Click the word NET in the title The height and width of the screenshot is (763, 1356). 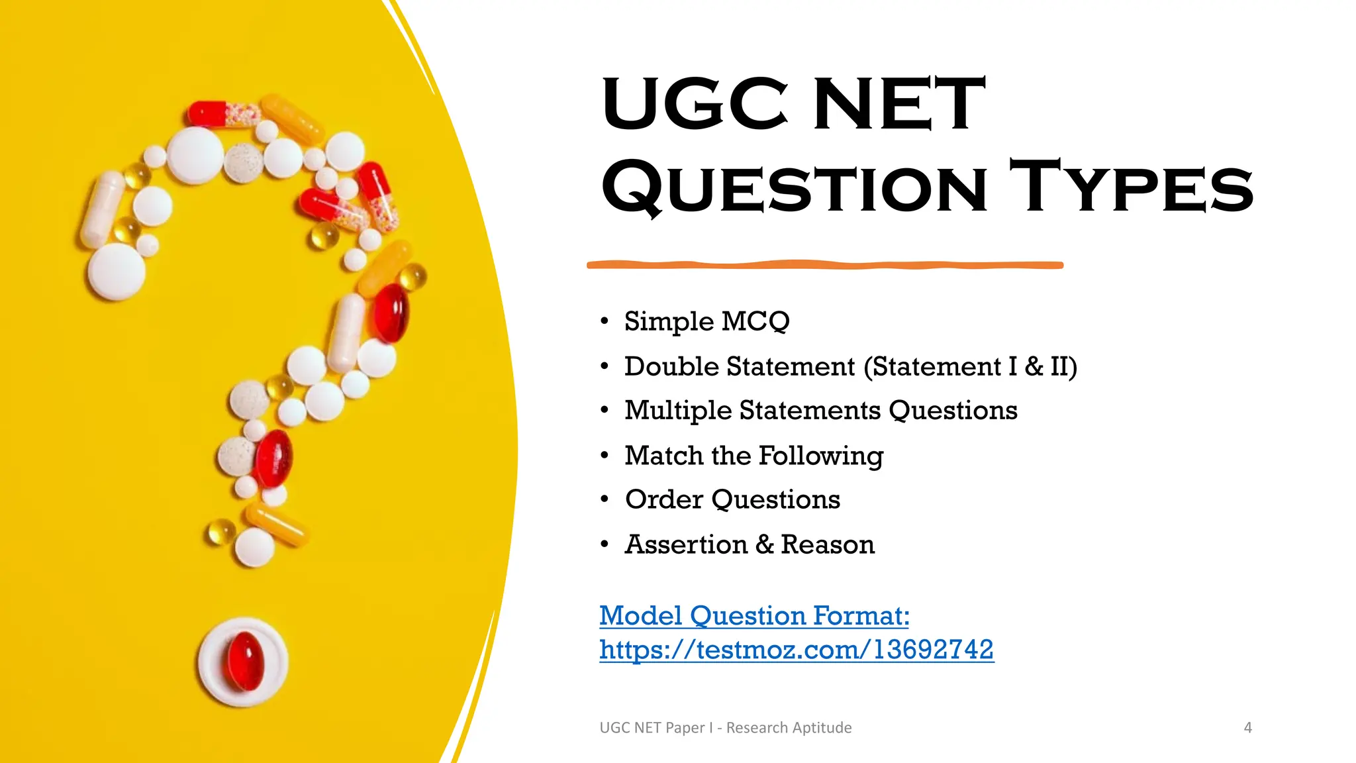899,104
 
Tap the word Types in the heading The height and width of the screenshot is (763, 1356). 1131,187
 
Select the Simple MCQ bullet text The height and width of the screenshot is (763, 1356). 706,321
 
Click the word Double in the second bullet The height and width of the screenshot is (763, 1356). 673,366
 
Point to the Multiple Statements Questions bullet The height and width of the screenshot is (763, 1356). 820,411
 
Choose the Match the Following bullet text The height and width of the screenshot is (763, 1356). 753,456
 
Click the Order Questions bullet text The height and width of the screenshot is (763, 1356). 732,499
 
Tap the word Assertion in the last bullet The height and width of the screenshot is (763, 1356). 686,544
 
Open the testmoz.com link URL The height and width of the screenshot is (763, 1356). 796,650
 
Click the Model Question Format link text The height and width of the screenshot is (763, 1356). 754,616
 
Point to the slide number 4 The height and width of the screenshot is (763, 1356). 1247,727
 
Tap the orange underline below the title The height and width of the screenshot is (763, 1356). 824,265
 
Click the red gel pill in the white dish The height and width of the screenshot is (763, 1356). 246,661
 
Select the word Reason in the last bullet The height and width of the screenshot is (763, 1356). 827,544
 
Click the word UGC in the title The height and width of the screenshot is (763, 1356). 695,104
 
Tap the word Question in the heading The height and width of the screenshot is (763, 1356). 794,187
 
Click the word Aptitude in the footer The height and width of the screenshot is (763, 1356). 822,727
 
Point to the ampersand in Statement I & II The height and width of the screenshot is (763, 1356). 1034,366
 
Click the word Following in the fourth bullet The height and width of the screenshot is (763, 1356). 820,456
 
